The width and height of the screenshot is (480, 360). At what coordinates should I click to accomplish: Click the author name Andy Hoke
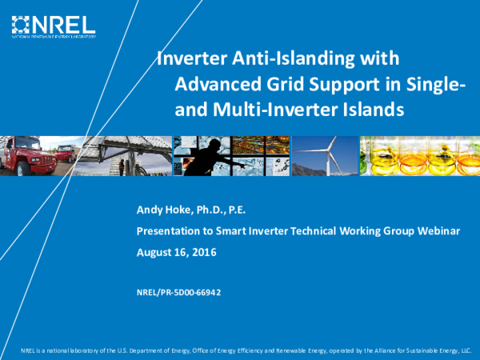coord(164,211)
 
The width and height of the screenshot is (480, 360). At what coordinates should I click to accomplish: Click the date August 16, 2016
coord(177,252)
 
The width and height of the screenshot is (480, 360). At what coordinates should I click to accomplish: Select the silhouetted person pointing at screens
coord(216,156)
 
